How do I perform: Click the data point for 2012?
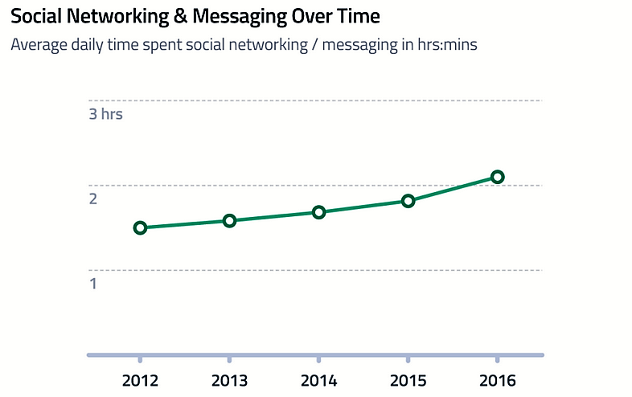click(140, 227)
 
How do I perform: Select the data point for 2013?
click(229, 220)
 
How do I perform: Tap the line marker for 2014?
click(318, 212)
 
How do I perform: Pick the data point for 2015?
click(408, 201)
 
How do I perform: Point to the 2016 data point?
click(497, 177)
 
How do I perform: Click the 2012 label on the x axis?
click(140, 380)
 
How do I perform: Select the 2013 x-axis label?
click(229, 380)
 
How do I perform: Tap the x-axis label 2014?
click(318, 380)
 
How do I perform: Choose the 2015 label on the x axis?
click(408, 380)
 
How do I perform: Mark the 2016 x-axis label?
click(497, 380)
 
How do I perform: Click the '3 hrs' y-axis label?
click(105, 114)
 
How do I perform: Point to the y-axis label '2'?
click(92, 198)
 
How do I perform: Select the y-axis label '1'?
click(92, 284)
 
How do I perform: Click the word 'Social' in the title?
click(34, 16)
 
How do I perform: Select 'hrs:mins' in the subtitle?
click(446, 45)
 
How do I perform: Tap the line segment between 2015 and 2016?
click(453, 189)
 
